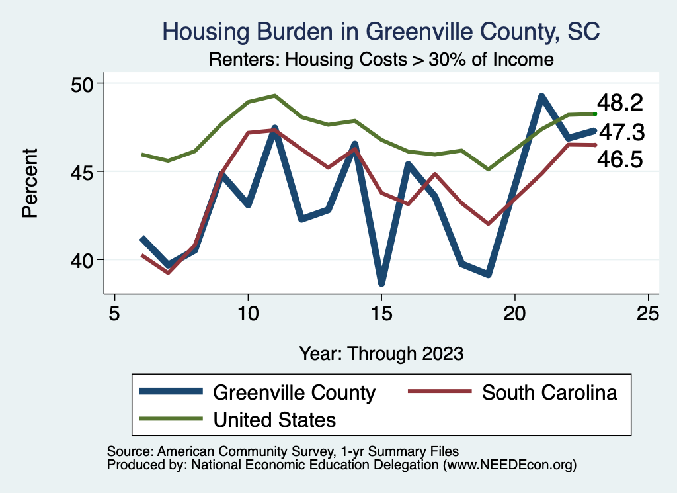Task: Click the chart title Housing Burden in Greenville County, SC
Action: point(381,32)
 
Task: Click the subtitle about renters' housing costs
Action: point(381,60)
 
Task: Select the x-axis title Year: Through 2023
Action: point(381,353)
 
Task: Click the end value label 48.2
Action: point(619,103)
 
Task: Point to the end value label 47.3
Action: point(621,133)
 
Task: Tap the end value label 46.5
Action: point(619,159)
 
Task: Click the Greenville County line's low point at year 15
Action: point(381,283)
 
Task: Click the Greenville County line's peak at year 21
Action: point(541,97)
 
